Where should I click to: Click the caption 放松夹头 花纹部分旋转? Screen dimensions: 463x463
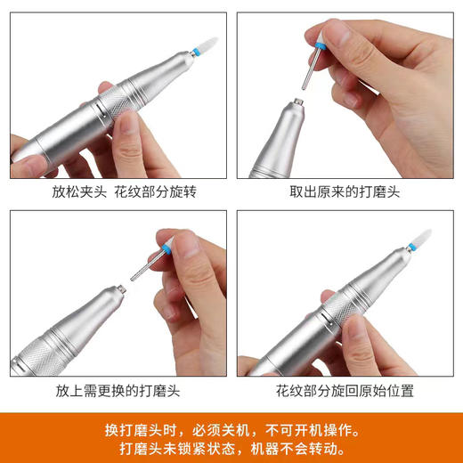point(118,191)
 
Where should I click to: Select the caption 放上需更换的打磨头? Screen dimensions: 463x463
point(118,390)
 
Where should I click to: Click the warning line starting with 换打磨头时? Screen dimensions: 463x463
point(231,429)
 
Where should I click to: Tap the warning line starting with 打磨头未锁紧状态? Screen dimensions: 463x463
point(231,449)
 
